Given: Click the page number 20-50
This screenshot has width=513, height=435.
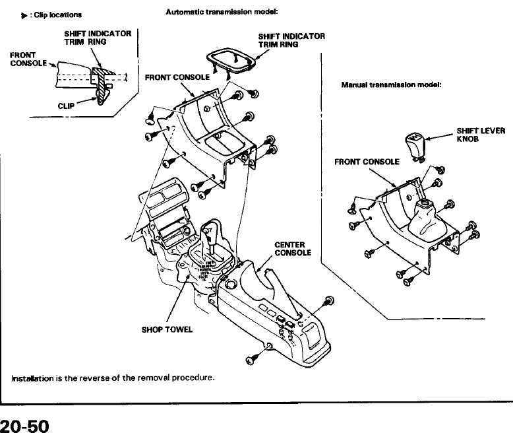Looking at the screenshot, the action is coord(24,426).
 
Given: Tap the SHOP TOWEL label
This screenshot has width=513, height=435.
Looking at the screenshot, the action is coord(167,329).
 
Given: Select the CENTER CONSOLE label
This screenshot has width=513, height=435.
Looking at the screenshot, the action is coord(293,249).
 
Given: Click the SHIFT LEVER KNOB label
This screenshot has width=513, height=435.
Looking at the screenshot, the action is coord(481,135).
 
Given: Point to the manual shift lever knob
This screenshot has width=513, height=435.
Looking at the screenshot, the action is coord(415,146).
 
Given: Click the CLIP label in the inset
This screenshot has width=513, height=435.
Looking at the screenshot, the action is coord(66,106).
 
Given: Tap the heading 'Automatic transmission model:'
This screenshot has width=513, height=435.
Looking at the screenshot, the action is coord(222,12).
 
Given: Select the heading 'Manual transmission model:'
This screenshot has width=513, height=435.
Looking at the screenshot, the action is coord(391,85).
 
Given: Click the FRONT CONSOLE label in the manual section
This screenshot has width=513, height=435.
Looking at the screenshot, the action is coord(367,162).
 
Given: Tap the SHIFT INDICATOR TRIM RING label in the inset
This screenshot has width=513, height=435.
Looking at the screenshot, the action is coord(98,38).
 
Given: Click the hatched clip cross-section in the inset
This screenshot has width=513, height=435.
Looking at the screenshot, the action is coord(102,84).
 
